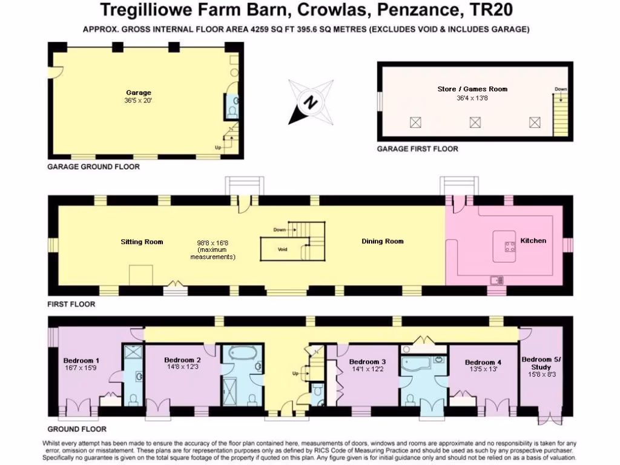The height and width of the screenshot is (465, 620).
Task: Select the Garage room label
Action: (139, 93)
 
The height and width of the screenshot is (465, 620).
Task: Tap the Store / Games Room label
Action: (472, 89)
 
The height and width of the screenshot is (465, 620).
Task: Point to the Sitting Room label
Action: (142, 242)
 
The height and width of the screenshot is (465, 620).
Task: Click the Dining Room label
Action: (382, 242)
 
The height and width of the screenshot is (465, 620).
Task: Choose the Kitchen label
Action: (533, 240)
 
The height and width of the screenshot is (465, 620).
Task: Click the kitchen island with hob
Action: (504, 246)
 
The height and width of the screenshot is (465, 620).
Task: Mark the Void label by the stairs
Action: (282, 249)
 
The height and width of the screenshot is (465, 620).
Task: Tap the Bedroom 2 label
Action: (182, 360)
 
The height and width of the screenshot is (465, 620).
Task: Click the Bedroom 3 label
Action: (368, 361)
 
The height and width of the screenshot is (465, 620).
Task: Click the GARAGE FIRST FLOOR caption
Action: (417, 149)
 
